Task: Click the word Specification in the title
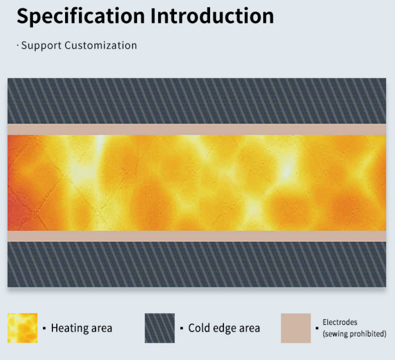(81, 16)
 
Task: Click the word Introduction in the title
(212, 16)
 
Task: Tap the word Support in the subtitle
(42, 46)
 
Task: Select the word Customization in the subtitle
(101, 46)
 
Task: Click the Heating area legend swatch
(22, 328)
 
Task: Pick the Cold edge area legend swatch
(160, 328)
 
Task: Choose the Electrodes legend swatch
(296, 328)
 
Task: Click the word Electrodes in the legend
(340, 322)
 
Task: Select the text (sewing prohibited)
(354, 334)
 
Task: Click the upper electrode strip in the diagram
(197, 129)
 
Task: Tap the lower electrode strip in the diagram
(197, 236)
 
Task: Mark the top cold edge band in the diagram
(197, 101)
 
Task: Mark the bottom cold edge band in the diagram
(197, 265)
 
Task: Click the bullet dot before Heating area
(44, 328)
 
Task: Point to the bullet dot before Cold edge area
(181, 328)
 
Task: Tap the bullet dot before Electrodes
(317, 328)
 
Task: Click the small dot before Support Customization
(18, 46)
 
